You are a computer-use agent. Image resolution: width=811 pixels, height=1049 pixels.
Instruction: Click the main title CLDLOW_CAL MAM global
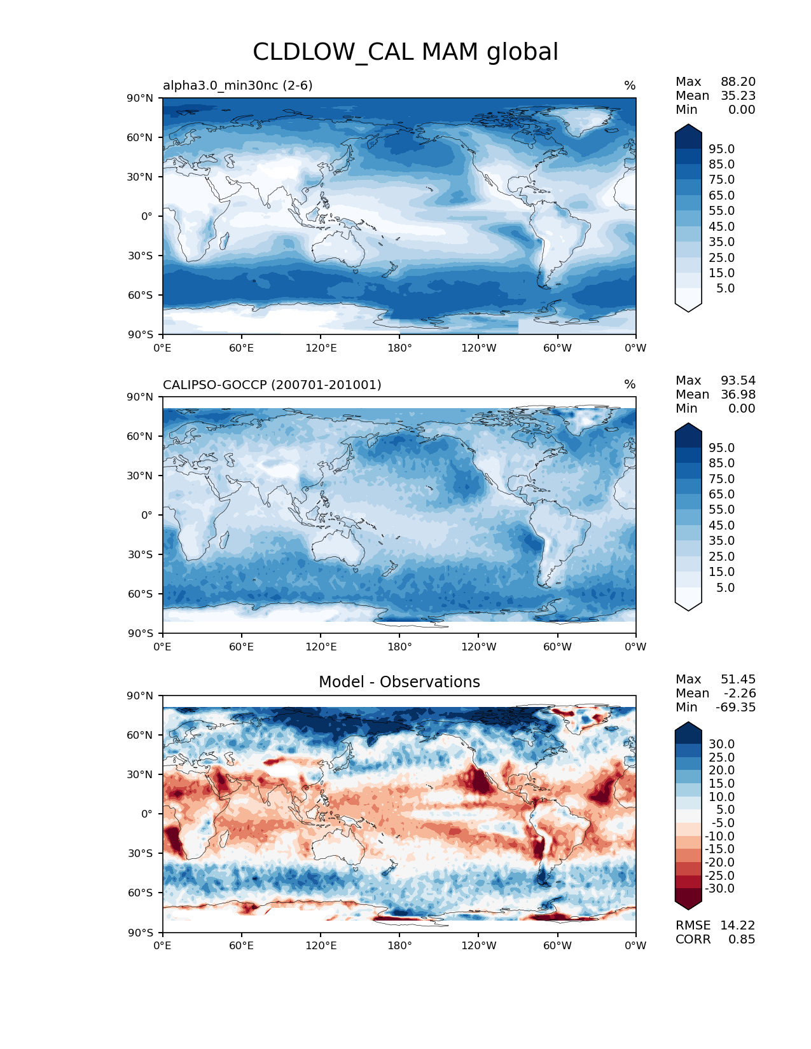pyautogui.click(x=405, y=52)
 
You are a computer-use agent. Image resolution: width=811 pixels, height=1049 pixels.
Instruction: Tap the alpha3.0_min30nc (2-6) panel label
pyautogui.click(x=238, y=85)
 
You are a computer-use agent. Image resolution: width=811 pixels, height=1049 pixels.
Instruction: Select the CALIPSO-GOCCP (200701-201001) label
pyautogui.click(x=272, y=385)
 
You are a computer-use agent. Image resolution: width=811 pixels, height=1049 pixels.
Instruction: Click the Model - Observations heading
pyautogui.click(x=399, y=682)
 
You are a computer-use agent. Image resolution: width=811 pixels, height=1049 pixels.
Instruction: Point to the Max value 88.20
pyautogui.click(x=738, y=82)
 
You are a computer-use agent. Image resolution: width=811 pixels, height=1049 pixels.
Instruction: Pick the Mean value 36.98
pyautogui.click(x=738, y=395)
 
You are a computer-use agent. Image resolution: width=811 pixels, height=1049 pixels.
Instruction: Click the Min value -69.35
pyautogui.click(x=736, y=708)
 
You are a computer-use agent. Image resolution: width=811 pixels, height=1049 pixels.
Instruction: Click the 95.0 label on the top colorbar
pyautogui.click(x=721, y=149)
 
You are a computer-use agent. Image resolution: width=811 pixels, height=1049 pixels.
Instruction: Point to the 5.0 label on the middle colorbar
pyautogui.click(x=725, y=588)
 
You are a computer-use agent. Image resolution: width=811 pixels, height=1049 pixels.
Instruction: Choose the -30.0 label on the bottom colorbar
pyautogui.click(x=719, y=889)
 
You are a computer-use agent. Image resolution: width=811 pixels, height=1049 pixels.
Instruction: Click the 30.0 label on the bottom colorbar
pyautogui.click(x=721, y=744)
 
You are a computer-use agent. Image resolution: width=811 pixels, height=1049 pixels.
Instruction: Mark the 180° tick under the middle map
pyautogui.click(x=399, y=647)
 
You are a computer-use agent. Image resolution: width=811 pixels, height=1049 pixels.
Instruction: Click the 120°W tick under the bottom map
pyautogui.click(x=478, y=946)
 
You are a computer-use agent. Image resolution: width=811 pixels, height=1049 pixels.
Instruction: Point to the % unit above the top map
pyautogui.click(x=630, y=86)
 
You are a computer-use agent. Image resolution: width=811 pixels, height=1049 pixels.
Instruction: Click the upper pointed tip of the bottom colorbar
pyautogui.click(x=688, y=724)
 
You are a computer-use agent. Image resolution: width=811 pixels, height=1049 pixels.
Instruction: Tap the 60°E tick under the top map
pyautogui.click(x=242, y=348)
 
